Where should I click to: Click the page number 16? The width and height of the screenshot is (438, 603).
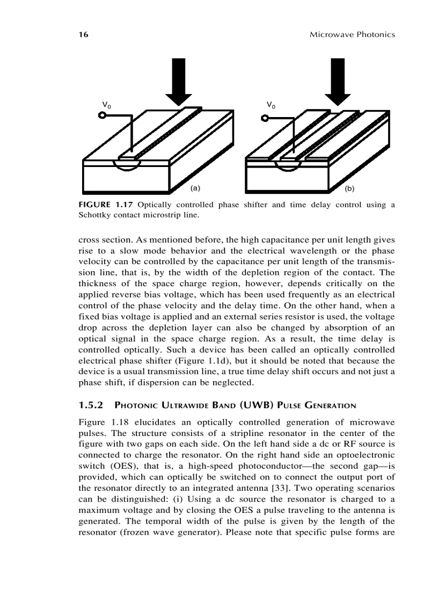(83, 35)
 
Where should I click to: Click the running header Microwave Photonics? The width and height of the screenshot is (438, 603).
(352, 35)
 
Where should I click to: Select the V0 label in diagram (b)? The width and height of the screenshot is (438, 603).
(272, 105)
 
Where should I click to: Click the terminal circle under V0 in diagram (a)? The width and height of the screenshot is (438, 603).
(101, 115)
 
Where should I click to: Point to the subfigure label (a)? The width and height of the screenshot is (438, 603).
(195, 188)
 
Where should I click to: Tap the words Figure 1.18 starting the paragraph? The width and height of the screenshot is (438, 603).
(101, 422)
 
